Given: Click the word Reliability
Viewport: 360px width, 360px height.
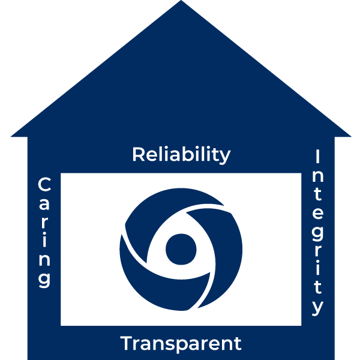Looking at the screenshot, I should click(x=181, y=154).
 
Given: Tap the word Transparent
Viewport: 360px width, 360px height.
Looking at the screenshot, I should click(x=181, y=344).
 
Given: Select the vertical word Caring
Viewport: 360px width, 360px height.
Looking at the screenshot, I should click(x=44, y=232).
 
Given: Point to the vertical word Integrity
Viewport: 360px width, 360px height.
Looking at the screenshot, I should click(x=318, y=232).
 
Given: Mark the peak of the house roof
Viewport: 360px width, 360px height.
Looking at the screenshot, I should click(x=181, y=2).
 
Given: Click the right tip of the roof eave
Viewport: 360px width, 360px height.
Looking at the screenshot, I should click(x=350, y=136).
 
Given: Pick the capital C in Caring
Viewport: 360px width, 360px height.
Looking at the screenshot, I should click(x=44, y=184).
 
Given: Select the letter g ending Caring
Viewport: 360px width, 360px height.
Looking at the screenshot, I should click(x=44, y=278).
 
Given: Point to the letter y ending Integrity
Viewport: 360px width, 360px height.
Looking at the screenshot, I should click(x=318, y=307).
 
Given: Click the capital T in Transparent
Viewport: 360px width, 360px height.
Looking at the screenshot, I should click(x=127, y=344).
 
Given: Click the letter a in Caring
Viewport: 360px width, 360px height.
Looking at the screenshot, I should click(x=44, y=203).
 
